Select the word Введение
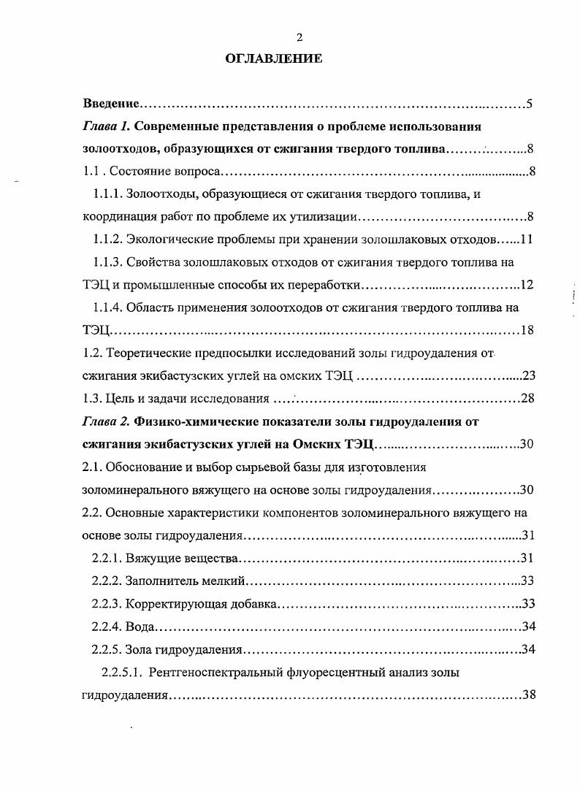(x=110, y=103)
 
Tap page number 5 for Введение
(x=529, y=103)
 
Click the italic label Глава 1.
(x=107, y=126)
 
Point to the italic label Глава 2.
(x=107, y=421)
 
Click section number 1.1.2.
(x=107, y=239)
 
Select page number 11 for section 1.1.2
(x=528, y=239)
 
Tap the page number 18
(x=527, y=330)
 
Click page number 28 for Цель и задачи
(x=527, y=398)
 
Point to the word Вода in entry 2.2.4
(x=140, y=627)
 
